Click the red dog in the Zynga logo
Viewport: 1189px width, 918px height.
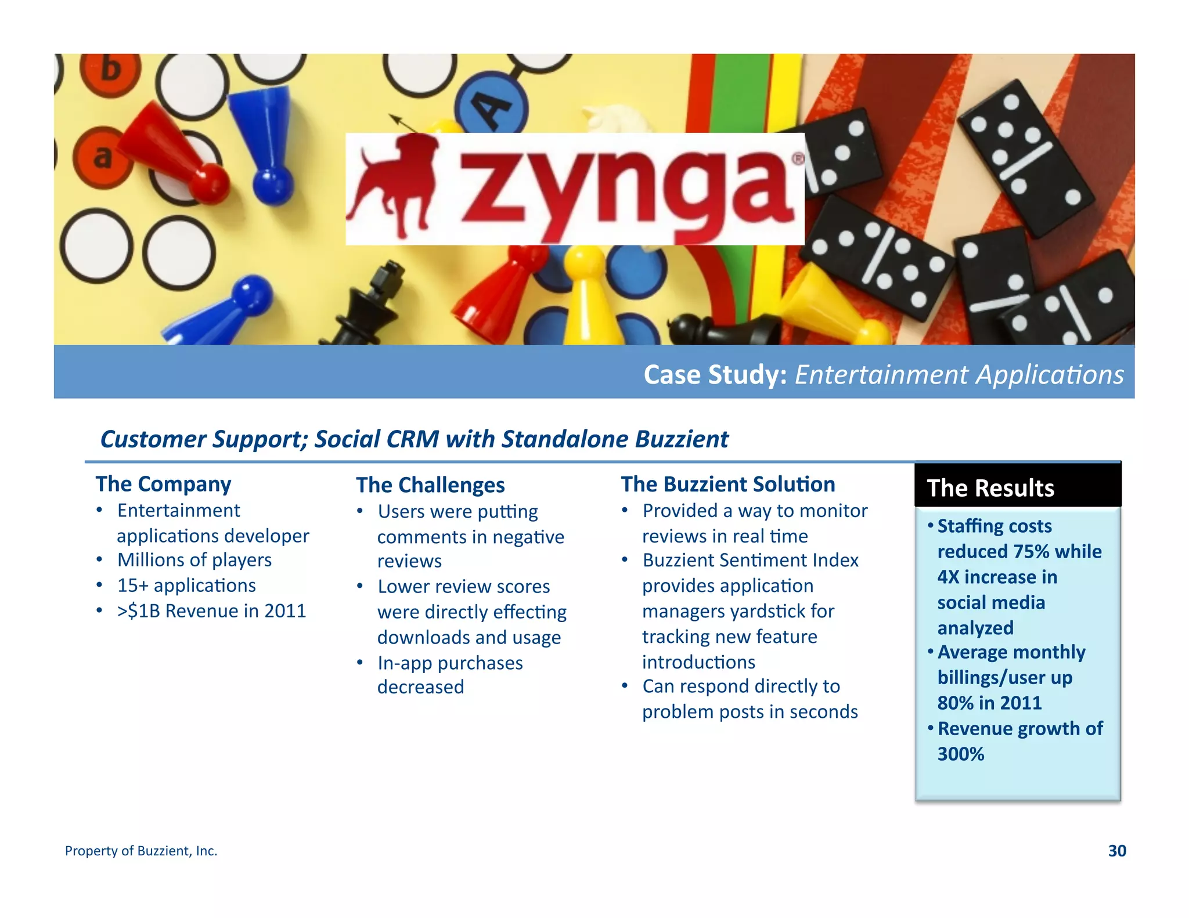point(395,186)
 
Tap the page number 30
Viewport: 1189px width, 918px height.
point(1116,851)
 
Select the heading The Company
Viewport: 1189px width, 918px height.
point(163,484)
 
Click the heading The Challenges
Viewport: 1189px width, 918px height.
point(430,485)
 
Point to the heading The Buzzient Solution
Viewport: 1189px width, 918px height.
point(727,484)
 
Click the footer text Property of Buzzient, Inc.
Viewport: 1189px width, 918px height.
point(141,851)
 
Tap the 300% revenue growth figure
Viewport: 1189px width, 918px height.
point(961,754)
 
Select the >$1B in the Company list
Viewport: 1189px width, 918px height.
point(139,611)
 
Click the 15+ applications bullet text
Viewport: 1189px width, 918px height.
point(186,586)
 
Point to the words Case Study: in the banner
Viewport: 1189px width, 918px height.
point(715,375)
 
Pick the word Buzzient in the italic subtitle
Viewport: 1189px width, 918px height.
point(682,439)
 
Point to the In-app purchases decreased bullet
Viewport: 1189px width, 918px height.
point(450,675)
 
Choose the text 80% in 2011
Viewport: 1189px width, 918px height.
point(989,703)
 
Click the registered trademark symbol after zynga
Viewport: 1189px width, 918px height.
point(798,158)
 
